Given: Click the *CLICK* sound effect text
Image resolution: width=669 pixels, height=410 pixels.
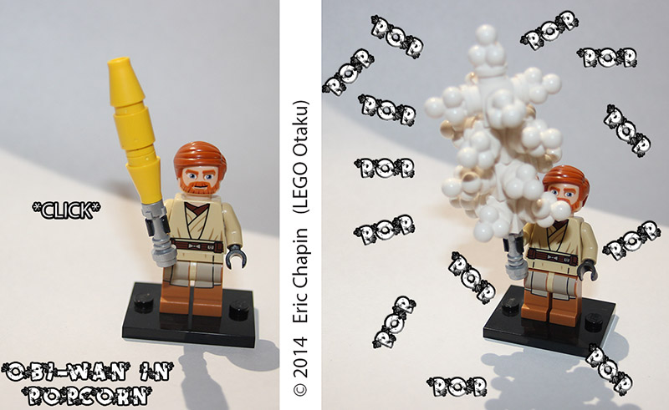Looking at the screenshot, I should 64,206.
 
